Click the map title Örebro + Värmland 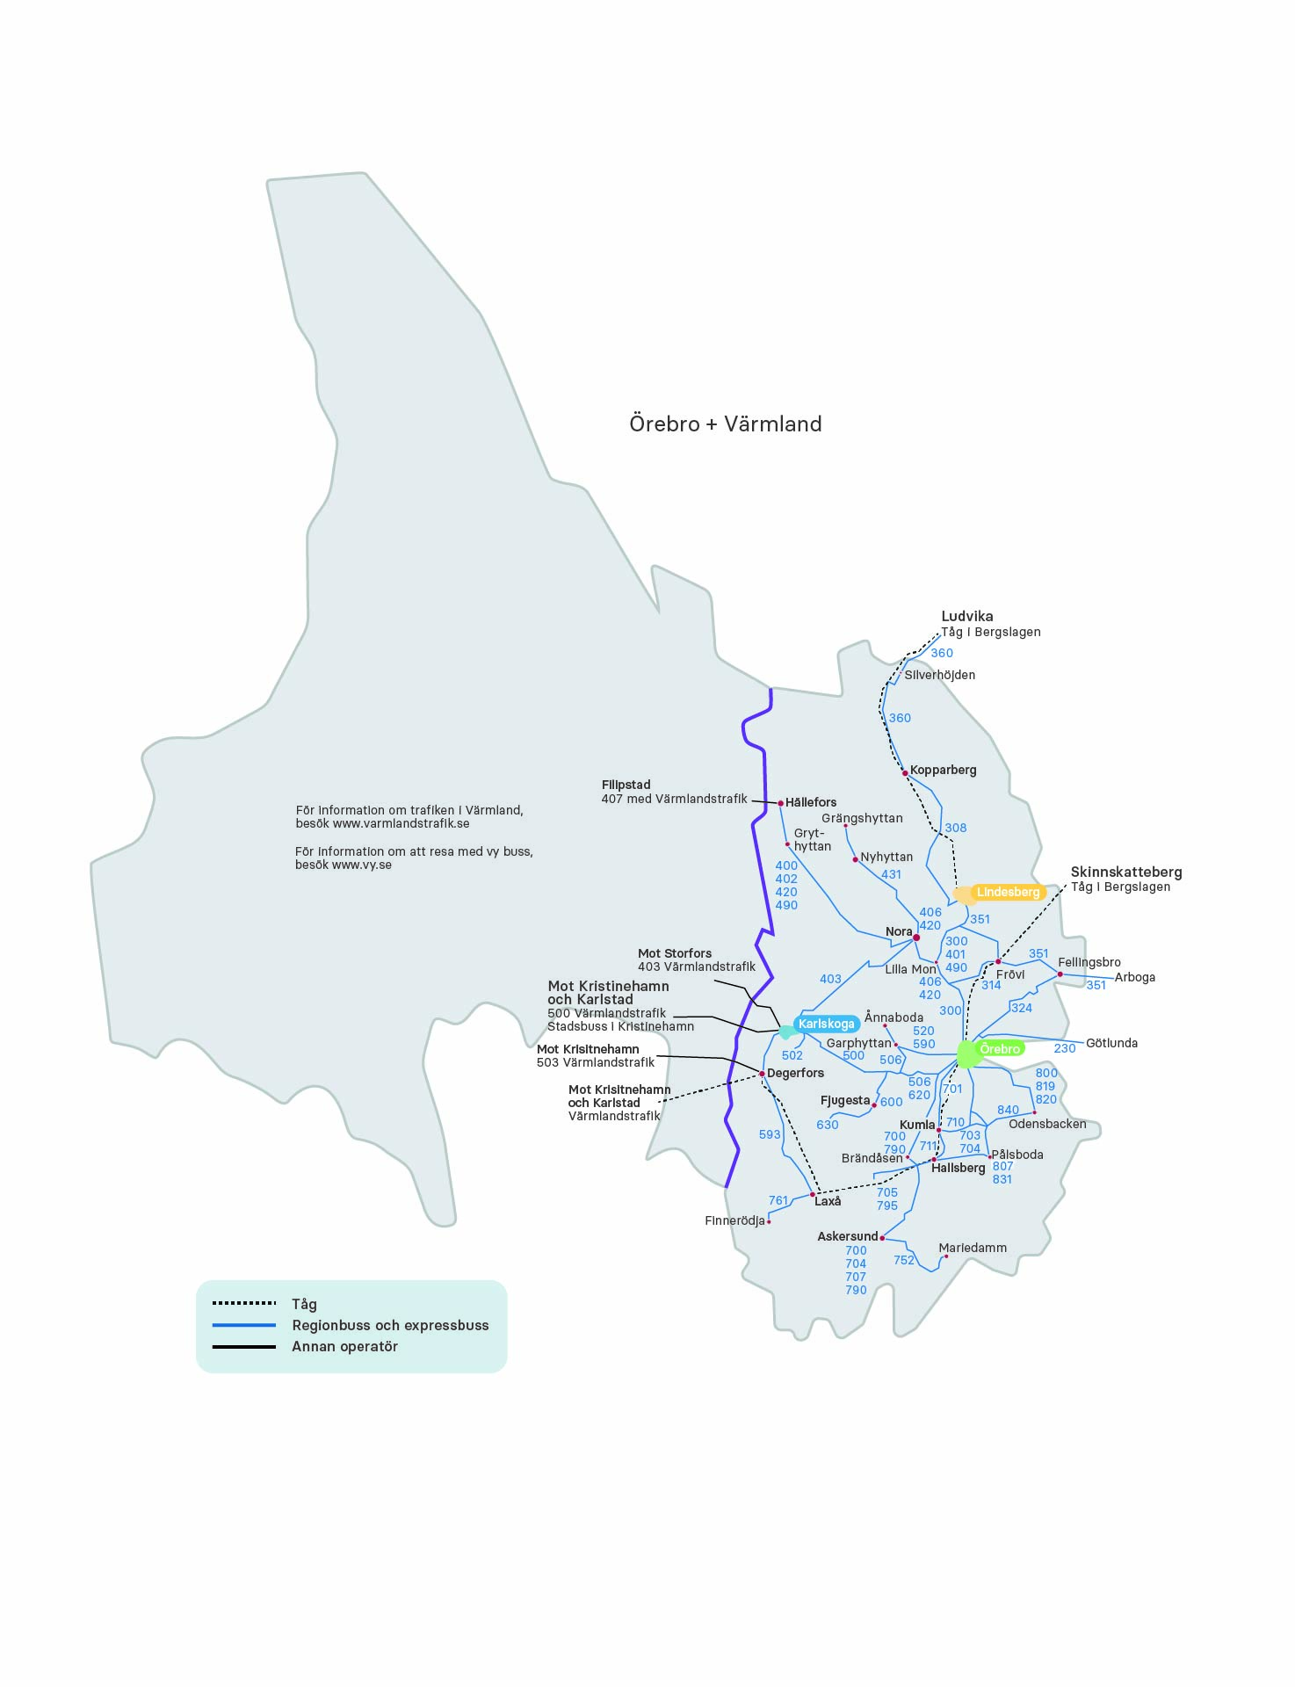[725, 424]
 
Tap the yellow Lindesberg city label [1008, 892]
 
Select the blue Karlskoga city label [826, 1024]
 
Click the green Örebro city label [1000, 1049]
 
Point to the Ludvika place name [967, 617]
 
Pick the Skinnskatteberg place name [1126, 872]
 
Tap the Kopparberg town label [943, 770]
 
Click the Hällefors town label [811, 802]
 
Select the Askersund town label [847, 1236]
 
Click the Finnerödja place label [734, 1220]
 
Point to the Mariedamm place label [973, 1248]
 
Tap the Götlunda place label [1111, 1043]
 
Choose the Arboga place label [1135, 977]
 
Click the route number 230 [1065, 1048]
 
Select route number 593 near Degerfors [770, 1134]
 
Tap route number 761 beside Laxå [778, 1200]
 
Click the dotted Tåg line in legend [244, 1303]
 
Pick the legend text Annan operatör [344, 1346]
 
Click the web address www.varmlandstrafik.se [401, 823]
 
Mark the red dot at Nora [916, 938]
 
